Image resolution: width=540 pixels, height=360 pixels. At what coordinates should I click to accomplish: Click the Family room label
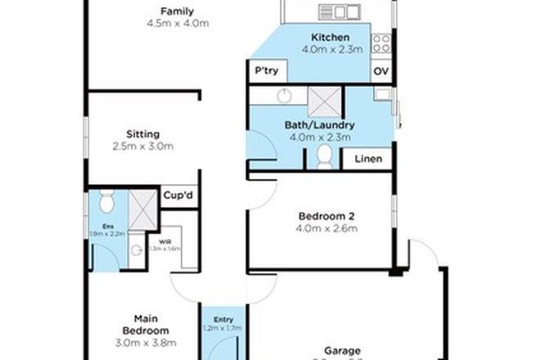tap(178, 11)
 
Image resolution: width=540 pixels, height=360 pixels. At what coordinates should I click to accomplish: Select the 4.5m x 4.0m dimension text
tap(178, 25)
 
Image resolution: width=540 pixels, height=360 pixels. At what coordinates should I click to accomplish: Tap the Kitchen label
tap(330, 38)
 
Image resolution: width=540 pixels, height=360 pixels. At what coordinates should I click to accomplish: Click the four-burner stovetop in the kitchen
tap(382, 42)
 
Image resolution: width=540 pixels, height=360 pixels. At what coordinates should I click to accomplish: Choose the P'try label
tap(267, 71)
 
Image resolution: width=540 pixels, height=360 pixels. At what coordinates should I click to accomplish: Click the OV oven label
tap(380, 72)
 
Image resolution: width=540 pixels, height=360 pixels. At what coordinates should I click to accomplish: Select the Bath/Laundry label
tap(319, 125)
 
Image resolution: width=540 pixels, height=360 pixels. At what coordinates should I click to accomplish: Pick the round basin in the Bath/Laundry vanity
tap(283, 96)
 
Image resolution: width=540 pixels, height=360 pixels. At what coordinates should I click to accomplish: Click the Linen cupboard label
tap(367, 159)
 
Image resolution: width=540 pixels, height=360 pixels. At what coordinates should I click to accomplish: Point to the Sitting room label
tap(142, 134)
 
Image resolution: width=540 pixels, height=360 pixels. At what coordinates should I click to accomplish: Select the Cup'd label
tap(178, 196)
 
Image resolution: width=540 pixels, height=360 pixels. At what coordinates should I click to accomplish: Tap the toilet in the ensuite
tap(105, 201)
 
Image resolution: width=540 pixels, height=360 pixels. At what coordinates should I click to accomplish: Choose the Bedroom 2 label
tap(326, 216)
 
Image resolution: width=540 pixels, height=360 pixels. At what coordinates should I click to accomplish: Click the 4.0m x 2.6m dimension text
tap(326, 229)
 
